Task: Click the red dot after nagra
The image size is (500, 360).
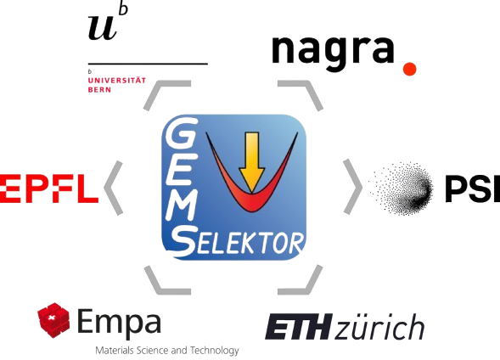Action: pos(409,69)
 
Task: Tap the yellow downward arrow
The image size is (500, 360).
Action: pos(252,162)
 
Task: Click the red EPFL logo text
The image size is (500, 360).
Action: pos(48,188)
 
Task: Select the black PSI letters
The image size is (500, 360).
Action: pos(473,188)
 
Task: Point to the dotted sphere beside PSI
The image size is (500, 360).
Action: pos(402,188)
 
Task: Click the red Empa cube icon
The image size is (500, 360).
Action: pos(53,320)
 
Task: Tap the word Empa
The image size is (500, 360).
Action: pos(119,323)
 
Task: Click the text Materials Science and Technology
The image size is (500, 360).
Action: pos(167,351)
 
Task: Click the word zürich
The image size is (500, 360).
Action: pos(379,326)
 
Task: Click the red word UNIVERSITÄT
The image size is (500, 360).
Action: pos(116,80)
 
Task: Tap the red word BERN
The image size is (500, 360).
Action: pos(99,90)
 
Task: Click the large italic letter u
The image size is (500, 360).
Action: pos(102,30)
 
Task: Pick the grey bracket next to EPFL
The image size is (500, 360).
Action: pos(114,188)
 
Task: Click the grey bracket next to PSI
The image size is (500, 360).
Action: pos(352,187)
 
